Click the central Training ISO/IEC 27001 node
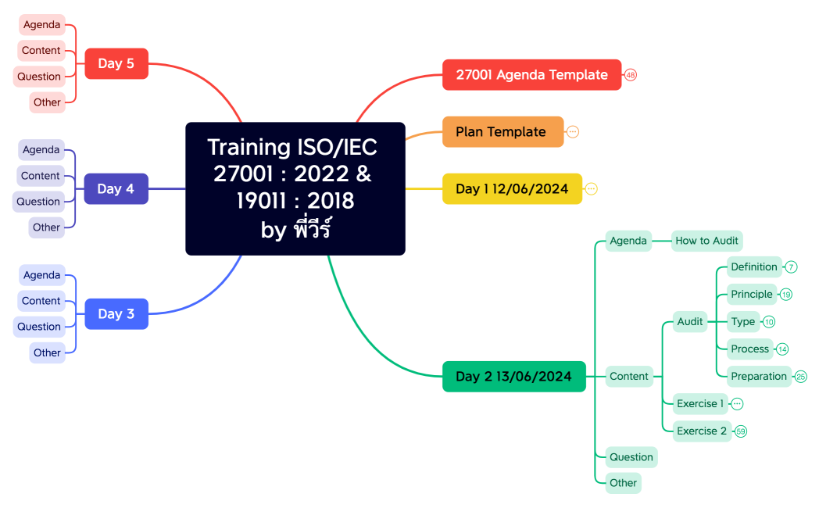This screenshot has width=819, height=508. coord(295,188)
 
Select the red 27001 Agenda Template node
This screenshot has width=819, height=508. coord(531,75)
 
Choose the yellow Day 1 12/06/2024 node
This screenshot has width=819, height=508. coord(512,189)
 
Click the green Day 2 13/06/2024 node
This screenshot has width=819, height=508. coord(513,377)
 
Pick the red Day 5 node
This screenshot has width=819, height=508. coord(116,63)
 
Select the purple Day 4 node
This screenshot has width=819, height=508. coord(116,189)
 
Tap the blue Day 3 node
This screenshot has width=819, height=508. coord(116,314)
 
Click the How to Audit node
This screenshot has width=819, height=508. coord(707,241)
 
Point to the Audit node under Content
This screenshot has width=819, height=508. coord(690,321)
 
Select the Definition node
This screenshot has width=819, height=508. coord(754,267)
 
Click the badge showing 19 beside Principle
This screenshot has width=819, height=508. coord(786,295)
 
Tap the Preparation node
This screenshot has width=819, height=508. coord(759,376)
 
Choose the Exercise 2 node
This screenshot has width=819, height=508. coord(702,431)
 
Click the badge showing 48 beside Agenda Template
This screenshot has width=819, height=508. coord(631,75)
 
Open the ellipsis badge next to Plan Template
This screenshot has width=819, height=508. coord(573,132)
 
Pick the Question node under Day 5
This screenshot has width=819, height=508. coord(39,77)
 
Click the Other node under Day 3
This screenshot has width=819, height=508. coord(47,352)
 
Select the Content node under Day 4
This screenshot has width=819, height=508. coord(41,176)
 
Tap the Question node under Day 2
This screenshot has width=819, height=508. coord(631,457)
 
